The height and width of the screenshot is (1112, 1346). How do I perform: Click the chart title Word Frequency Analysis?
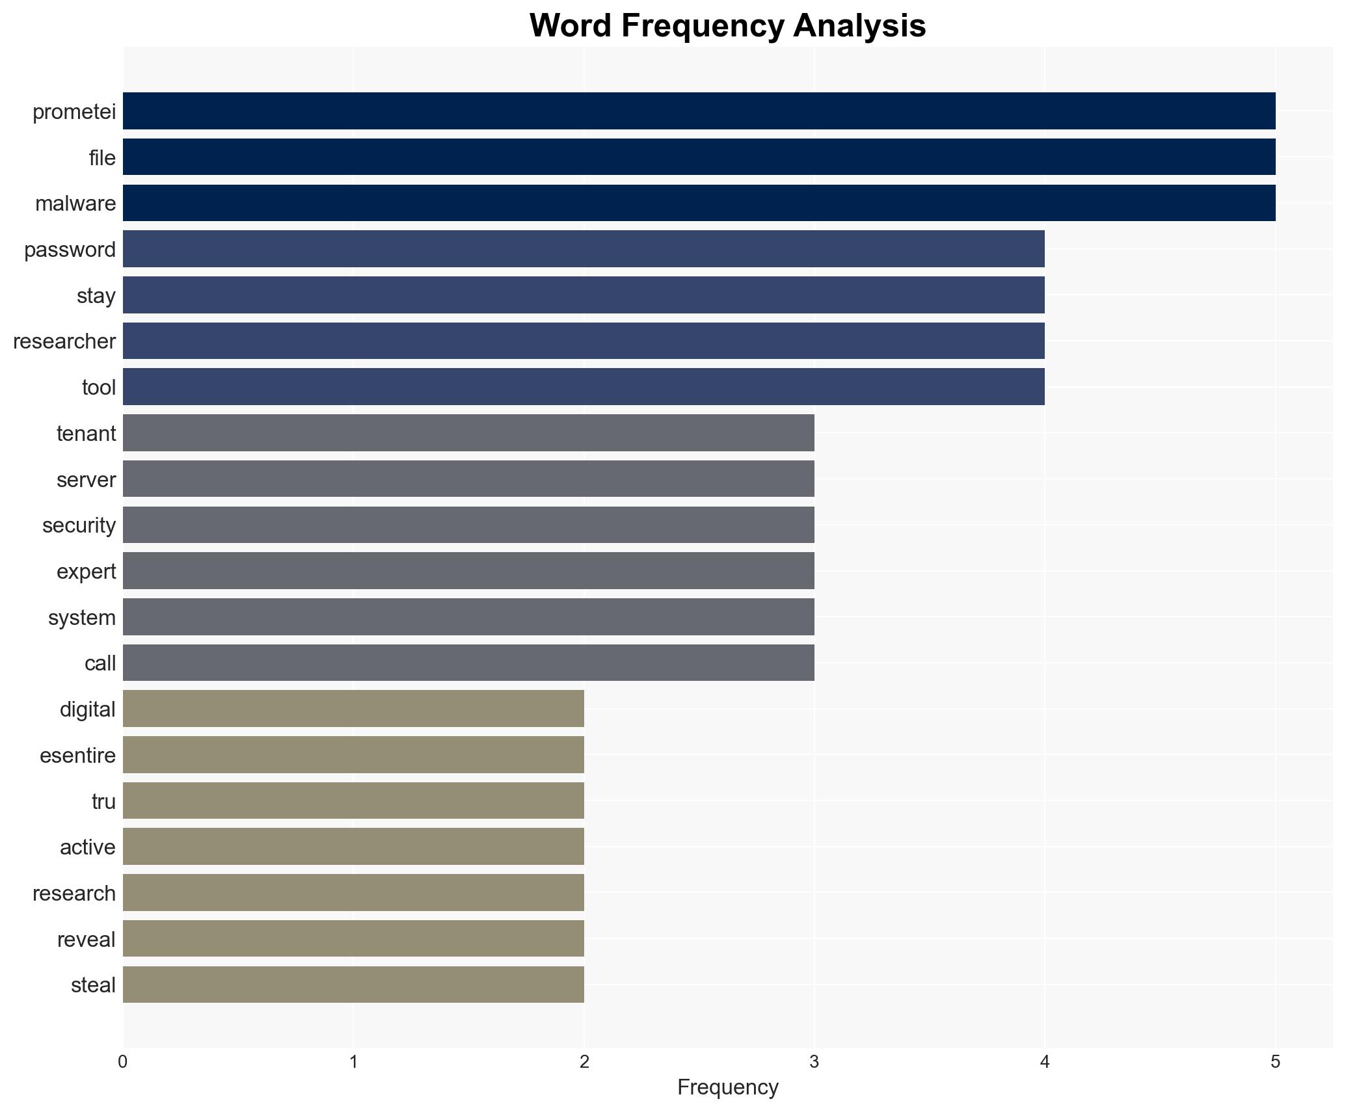click(727, 26)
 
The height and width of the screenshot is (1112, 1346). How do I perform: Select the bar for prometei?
click(699, 111)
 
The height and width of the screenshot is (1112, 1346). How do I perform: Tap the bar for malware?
click(699, 203)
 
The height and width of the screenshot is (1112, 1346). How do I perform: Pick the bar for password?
click(584, 249)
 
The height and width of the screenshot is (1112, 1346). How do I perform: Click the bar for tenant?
click(468, 433)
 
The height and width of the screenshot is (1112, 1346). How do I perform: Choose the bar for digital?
click(353, 709)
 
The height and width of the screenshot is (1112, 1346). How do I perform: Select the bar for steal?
click(353, 985)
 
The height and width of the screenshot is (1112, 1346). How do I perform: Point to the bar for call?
click(468, 663)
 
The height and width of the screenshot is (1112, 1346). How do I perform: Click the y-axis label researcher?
click(64, 341)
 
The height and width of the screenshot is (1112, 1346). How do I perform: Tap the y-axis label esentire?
click(77, 756)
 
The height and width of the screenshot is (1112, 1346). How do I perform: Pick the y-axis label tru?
click(103, 802)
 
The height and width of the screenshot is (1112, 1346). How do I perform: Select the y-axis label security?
click(79, 525)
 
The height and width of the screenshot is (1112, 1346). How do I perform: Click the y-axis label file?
click(102, 158)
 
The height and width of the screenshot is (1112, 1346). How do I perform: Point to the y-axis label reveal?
click(86, 940)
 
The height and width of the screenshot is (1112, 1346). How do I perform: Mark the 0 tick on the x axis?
click(123, 1062)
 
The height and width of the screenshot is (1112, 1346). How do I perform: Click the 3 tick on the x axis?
click(814, 1062)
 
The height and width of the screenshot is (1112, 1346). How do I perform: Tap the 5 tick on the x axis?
click(1275, 1062)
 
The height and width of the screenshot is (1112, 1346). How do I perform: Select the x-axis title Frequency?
click(727, 1087)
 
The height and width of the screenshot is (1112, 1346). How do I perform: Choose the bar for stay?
click(584, 295)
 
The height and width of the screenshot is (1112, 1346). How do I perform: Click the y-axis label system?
click(82, 618)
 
